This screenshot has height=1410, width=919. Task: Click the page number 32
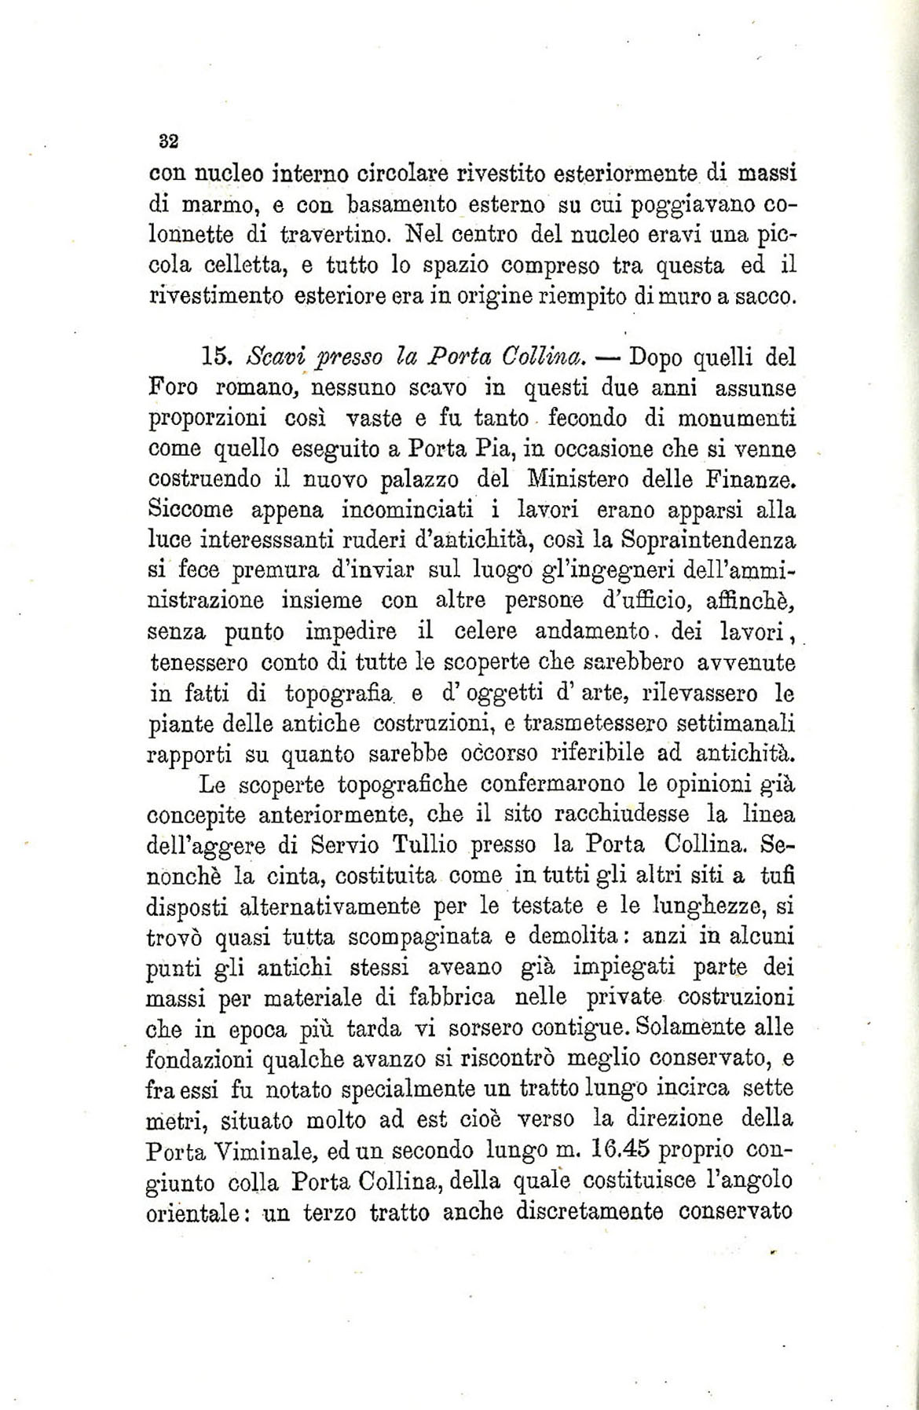(x=169, y=141)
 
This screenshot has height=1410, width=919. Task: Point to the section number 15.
(x=214, y=357)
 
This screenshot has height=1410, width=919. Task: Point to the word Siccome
(x=191, y=510)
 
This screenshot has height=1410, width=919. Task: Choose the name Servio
(x=346, y=845)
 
